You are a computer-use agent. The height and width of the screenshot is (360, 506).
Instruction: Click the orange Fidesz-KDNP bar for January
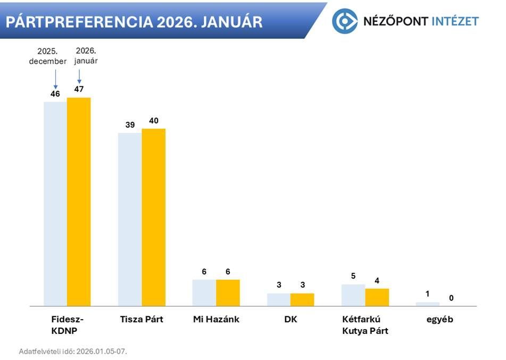(79, 202)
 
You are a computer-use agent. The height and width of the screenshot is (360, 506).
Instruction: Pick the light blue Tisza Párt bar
(130, 219)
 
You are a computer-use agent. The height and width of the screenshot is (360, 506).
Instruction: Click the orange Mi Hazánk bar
(228, 292)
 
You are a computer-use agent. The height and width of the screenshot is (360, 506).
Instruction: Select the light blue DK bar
(279, 299)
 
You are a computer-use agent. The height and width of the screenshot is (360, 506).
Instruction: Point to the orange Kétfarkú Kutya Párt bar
(377, 297)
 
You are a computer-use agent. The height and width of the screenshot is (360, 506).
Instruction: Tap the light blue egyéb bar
(428, 304)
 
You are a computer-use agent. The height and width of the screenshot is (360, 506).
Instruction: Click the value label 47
(79, 89)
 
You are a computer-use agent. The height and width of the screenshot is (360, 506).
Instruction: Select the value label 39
(130, 124)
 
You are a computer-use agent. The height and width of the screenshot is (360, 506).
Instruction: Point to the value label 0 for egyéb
(451, 298)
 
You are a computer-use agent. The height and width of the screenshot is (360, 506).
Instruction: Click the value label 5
(353, 276)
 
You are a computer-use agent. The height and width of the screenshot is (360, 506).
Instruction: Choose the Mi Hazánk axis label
(216, 320)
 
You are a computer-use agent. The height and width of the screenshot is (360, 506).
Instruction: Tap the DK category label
(291, 320)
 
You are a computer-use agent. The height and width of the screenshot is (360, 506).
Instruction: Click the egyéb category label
(439, 320)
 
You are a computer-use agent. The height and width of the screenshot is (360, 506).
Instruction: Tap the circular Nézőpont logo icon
(345, 21)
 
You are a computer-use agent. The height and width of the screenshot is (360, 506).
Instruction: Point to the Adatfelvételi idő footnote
(73, 351)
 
